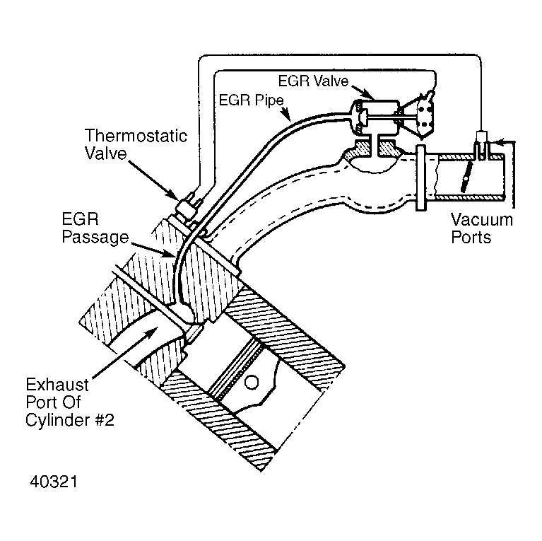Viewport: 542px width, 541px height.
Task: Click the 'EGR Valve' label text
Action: [x=313, y=81]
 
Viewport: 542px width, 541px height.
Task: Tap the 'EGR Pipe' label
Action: [x=252, y=100]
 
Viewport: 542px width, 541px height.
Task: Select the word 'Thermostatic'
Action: [x=136, y=136]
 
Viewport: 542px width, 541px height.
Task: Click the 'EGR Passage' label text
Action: [x=95, y=228]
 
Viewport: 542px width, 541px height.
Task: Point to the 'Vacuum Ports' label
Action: [x=481, y=228]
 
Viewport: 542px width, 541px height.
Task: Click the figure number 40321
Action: [x=54, y=482]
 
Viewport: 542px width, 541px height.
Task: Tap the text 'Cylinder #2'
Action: [x=70, y=420]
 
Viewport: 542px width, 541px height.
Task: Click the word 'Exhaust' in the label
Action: [x=57, y=385]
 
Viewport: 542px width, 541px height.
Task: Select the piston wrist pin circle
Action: [x=252, y=382]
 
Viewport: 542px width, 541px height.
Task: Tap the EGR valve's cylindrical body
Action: [x=375, y=117]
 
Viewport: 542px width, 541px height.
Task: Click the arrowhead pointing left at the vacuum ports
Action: [x=500, y=141]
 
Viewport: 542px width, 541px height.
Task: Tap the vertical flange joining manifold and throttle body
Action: [x=420, y=178]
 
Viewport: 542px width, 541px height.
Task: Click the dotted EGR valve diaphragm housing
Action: [x=422, y=115]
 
